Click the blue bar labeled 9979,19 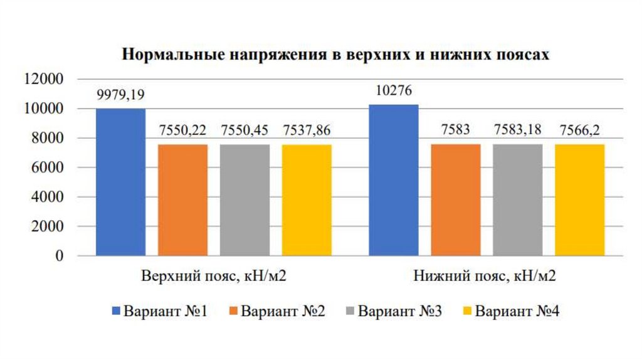pyautogui.click(x=120, y=182)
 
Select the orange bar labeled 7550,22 pyautogui.click(x=182, y=200)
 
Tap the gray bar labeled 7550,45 pyautogui.click(x=245, y=200)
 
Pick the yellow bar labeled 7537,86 pyautogui.click(x=307, y=200)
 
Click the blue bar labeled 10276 pyautogui.click(x=394, y=180)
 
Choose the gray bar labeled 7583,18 pyautogui.click(x=518, y=200)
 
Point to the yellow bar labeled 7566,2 pyautogui.click(x=580, y=200)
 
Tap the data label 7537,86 pyautogui.click(x=307, y=131)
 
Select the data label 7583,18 pyautogui.click(x=518, y=130)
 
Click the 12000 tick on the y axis pyautogui.click(x=47, y=80)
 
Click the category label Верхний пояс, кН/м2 pyautogui.click(x=213, y=277)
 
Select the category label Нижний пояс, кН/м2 pyautogui.click(x=487, y=277)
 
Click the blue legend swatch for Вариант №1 pyautogui.click(x=115, y=312)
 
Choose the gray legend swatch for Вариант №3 pyautogui.click(x=350, y=312)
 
